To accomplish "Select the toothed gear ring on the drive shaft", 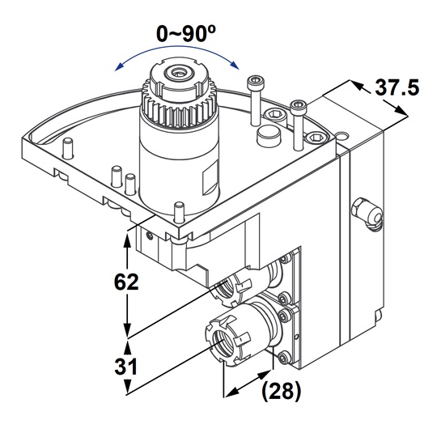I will (177, 101).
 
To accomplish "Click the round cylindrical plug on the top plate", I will (267, 135).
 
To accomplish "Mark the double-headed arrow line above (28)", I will (248, 382).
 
